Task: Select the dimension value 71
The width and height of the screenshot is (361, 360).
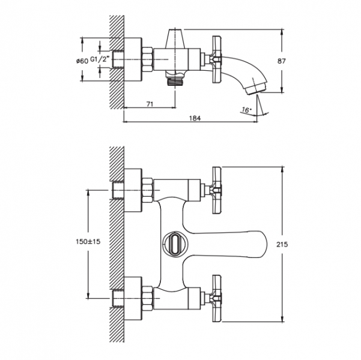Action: pyautogui.click(x=150, y=104)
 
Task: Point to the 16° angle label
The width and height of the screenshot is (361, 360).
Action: pyautogui.click(x=244, y=110)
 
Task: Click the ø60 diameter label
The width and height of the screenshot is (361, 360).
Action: pyautogui.click(x=82, y=61)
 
